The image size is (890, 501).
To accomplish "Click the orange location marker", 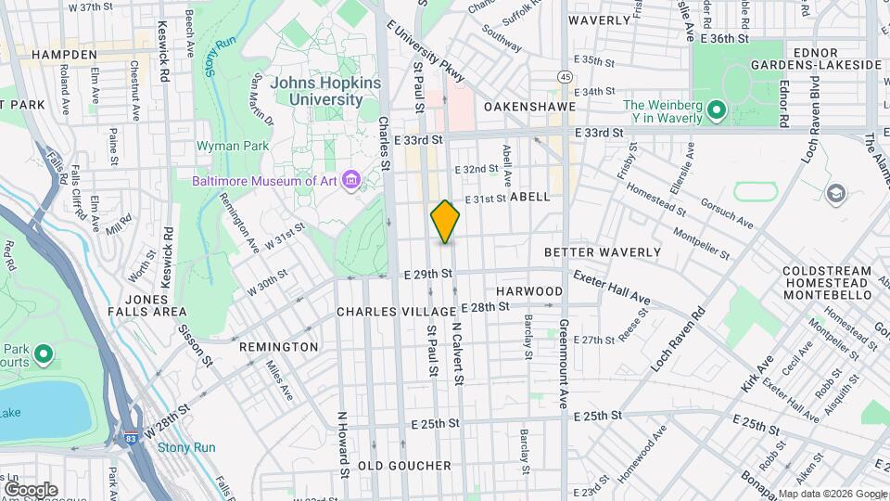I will [445, 221].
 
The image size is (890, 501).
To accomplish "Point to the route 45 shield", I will [565, 77].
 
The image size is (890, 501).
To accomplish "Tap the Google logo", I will [30, 489].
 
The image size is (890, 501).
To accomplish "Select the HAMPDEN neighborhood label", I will [64, 55].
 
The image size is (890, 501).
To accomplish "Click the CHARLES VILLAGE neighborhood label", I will [396, 312].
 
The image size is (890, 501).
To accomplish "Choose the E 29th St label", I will [426, 274].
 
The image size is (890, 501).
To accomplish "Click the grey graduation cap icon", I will [836, 193].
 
